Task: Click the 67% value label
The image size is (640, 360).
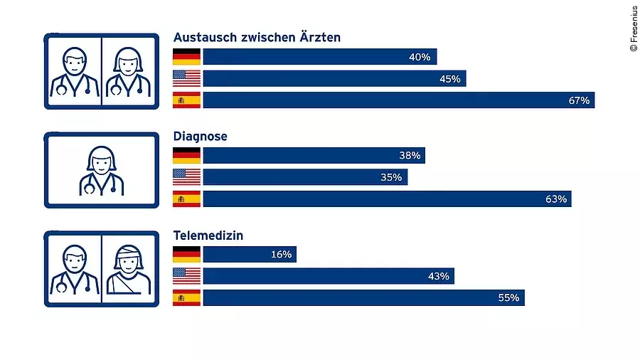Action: click(x=579, y=100)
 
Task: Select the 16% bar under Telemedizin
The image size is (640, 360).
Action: click(x=250, y=255)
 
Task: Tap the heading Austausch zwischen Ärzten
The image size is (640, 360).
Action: click(x=257, y=38)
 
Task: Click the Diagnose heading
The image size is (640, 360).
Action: click(x=201, y=136)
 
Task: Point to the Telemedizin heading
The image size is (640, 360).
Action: click(x=208, y=234)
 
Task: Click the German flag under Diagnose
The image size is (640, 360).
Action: click(x=187, y=156)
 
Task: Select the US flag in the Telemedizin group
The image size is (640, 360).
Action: click(x=187, y=276)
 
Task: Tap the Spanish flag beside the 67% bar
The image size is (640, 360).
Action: click(x=187, y=100)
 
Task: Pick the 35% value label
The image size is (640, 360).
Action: click(x=391, y=177)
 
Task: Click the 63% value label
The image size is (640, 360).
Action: click(x=556, y=199)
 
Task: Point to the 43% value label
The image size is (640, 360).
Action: click(x=438, y=276)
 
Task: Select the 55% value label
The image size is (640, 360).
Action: click(x=508, y=297)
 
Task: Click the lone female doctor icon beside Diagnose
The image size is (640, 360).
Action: click(x=101, y=171)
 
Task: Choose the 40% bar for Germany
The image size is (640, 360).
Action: click(x=319, y=57)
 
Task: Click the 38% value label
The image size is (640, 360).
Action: click(x=410, y=155)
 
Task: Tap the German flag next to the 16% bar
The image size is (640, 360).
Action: click(x=187, y=255)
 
